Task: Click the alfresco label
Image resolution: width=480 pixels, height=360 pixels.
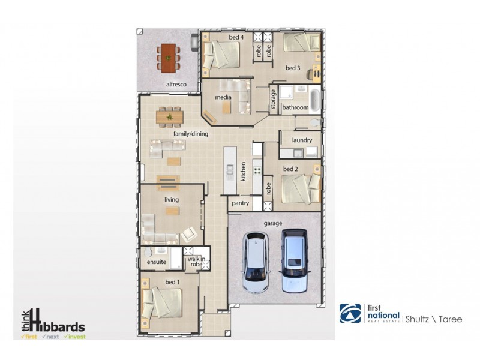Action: [176, 84]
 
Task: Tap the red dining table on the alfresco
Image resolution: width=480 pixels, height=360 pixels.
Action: [169, 58]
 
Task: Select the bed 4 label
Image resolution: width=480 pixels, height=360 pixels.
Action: [236, 37]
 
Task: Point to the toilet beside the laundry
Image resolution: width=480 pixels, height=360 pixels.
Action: [314, 123]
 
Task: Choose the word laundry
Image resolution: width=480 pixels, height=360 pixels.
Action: [302, 140]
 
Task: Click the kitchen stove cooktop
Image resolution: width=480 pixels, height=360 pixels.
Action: [257, 170]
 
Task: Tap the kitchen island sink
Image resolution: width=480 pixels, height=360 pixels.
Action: [230, 170]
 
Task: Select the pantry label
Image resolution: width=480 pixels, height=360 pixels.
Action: [241, 203]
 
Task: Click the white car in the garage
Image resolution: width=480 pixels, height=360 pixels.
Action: [256, 263]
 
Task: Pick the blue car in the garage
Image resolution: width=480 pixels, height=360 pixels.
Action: [294, 261]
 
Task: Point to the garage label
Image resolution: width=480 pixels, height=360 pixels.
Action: [273, 223]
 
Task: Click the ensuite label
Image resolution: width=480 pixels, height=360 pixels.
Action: [157, 262]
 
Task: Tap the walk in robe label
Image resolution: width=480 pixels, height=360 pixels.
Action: [196, 262]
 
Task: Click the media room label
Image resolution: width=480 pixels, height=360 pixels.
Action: [223, 97]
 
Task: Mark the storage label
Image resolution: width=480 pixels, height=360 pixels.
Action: [273, 99]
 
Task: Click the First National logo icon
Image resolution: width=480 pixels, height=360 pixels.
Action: [350, 313]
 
